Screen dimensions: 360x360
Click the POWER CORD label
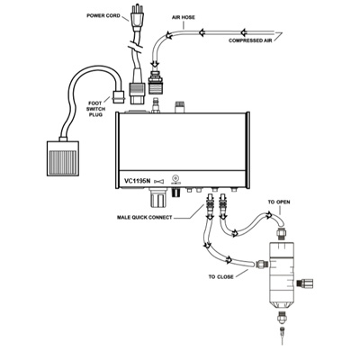click(x=103, y=15)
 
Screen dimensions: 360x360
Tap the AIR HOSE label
click(x=184, y=17)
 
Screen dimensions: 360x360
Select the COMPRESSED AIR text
click(x=250, y=40)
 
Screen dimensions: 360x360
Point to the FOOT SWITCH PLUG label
click(x=94, y=109)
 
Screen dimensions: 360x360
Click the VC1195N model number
click(x=137, y=181)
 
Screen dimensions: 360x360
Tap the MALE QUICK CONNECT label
click(x=145, y=217)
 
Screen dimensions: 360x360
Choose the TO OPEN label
click(x=279, y=202)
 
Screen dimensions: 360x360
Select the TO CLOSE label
click(x=221, y=276)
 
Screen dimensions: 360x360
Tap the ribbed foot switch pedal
click(x=63, y=158)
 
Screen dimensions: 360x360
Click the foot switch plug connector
click(x=118, y=96)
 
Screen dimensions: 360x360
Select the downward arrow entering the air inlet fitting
click(x=155, y=65)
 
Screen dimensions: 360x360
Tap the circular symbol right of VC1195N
click(x=175, y=177)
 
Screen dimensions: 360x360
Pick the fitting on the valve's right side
click(x=304, y=283)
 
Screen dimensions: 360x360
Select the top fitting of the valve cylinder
click(x=281, y=233)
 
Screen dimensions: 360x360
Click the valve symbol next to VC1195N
click(x=159, y=181)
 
